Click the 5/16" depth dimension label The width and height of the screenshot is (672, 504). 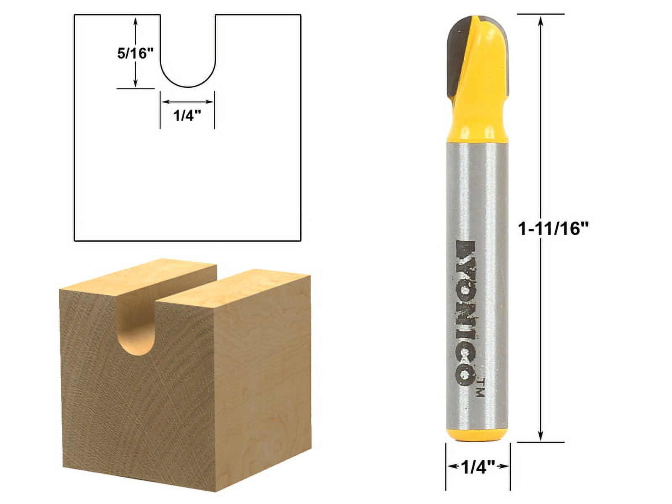[132, 53]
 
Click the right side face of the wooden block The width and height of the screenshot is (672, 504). [262, 378]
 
